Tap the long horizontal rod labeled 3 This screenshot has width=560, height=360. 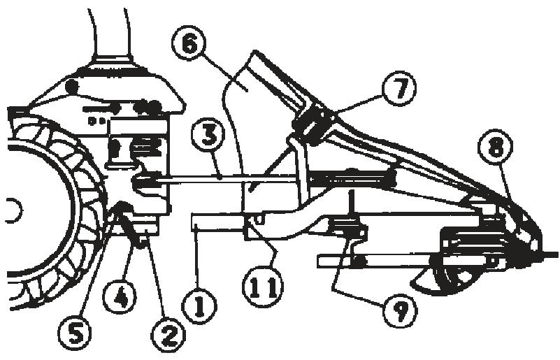coord(231,180)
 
